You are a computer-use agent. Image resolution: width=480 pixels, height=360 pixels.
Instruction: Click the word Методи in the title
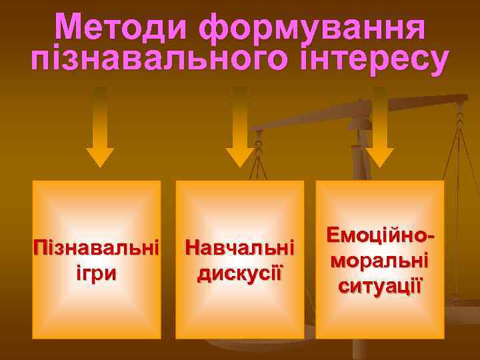[x=122, y=30]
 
